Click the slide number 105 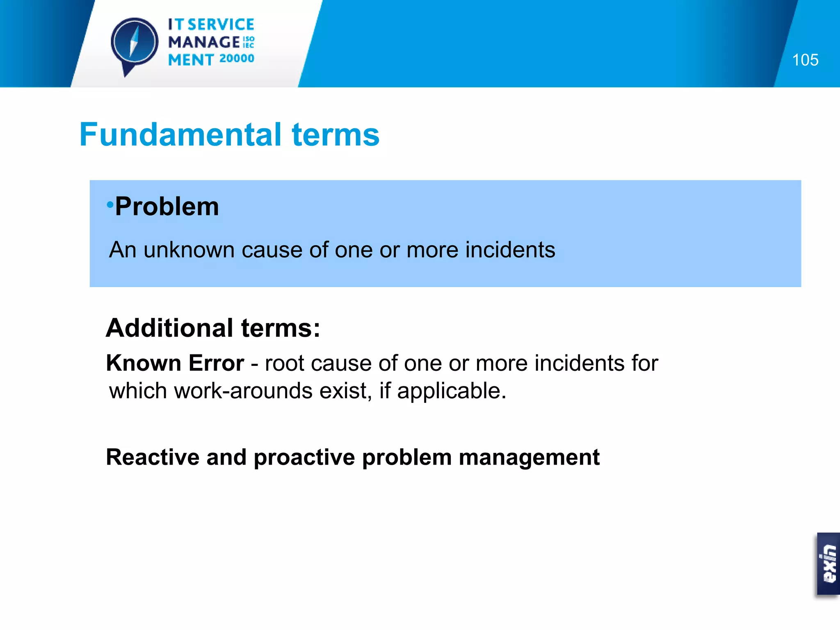click(805, 60)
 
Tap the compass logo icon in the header click(134, 43)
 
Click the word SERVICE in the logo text click(221, 25)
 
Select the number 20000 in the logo click(237, 59)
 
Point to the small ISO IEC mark click(249, 42)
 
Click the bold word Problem click(167, 206)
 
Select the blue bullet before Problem click(110, 204)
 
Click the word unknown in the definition click(189, 250)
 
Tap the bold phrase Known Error click(175, 363)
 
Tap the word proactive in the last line click(304, 458)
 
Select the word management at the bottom click(529, 458)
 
